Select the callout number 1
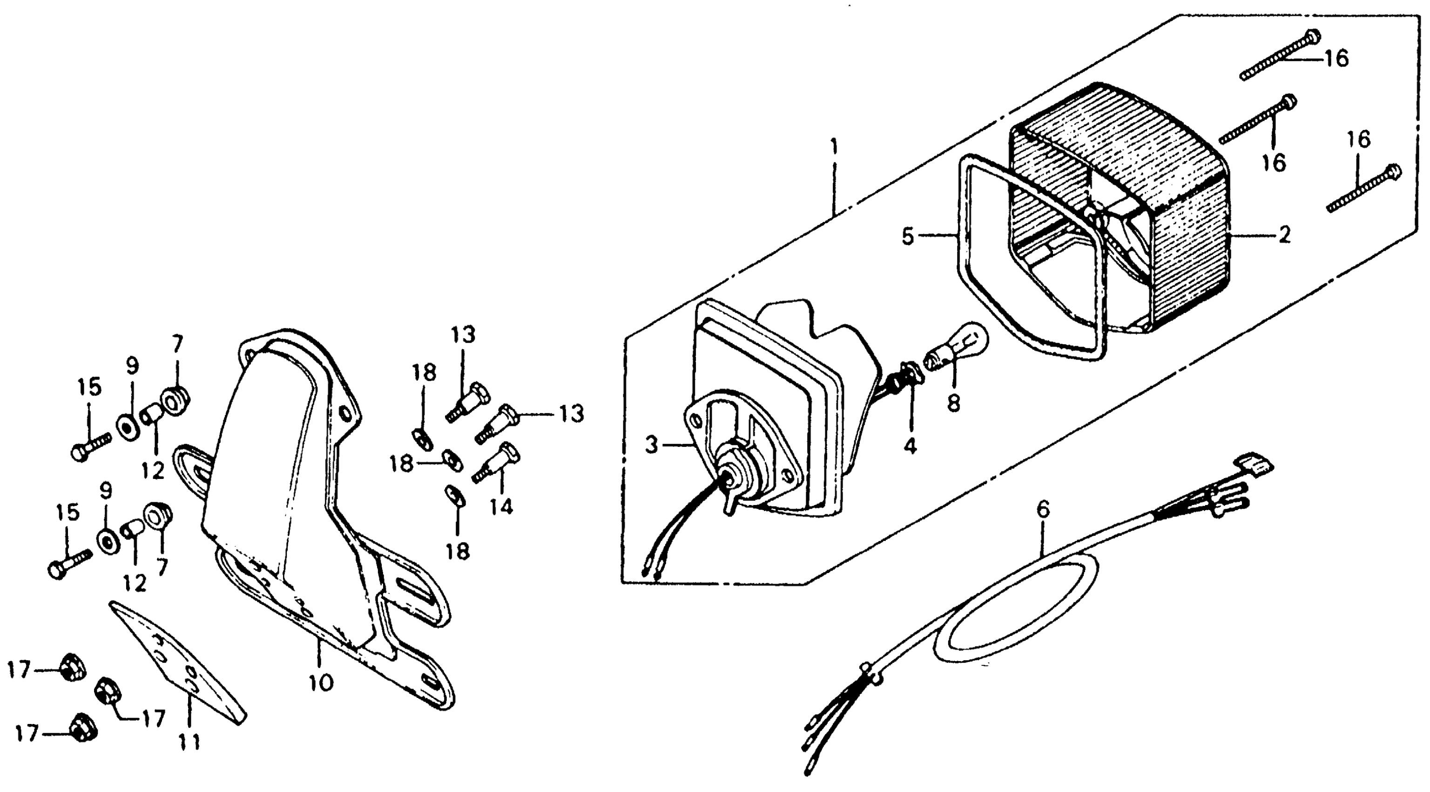pyautogui.click(x=834, y=148)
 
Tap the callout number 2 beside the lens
pyautogui.click(x=1285, y=235)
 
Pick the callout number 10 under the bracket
pyautogui.click(x=321, y=682)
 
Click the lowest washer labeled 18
pyautogui.click(x=456, y=497)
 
